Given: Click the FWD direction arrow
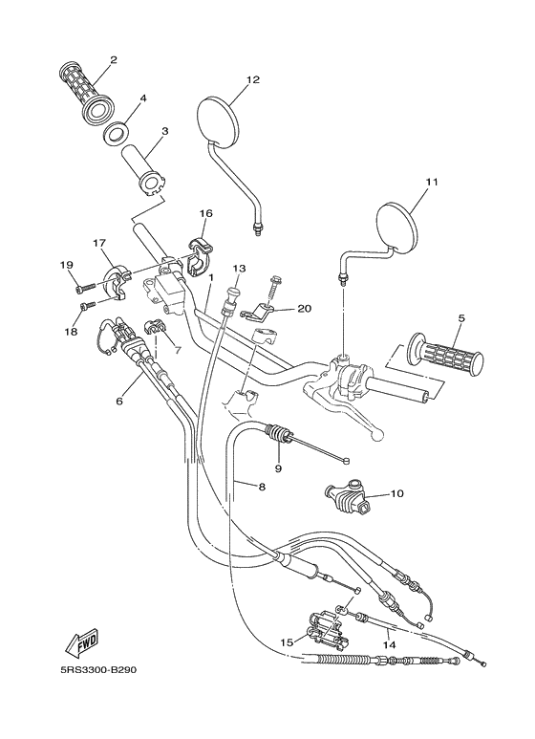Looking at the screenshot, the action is click(82, 643).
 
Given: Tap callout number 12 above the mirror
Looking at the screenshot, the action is click(253, 79).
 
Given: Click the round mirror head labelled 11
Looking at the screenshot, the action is click(398, 227).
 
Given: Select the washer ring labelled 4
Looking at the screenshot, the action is click(114, 133).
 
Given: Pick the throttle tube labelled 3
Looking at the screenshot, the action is click(145, 172).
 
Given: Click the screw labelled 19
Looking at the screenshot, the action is click(85, 287).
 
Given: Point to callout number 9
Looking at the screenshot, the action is click(278, 468).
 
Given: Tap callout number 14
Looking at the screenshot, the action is click(390, 644).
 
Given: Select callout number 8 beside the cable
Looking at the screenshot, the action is click(263, 487).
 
